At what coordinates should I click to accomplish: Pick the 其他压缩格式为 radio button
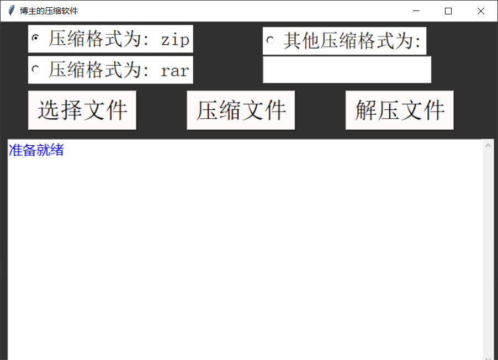pos(271,40)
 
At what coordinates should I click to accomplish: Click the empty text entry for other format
pos(347,70)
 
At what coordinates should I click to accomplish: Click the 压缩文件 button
pos(241,110)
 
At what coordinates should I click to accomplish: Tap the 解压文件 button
pos(400,110)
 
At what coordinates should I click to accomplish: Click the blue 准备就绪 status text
pos(36,150)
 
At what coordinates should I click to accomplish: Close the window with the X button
pos(480,11)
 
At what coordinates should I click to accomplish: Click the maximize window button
pos(448,11)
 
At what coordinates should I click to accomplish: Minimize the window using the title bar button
pos(416,11)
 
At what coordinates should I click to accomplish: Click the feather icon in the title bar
pos(11,11)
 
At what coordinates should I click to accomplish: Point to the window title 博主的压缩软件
pos(49,11)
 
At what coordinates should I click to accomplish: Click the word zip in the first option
pos(175,39)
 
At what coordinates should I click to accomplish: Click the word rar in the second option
pos(175,70)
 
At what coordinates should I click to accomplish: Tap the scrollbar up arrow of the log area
pos(488,146)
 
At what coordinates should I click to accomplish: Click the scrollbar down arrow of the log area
pos(488,357)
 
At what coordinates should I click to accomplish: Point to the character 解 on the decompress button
pos(366,110)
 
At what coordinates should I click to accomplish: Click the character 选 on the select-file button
pos(49,110)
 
